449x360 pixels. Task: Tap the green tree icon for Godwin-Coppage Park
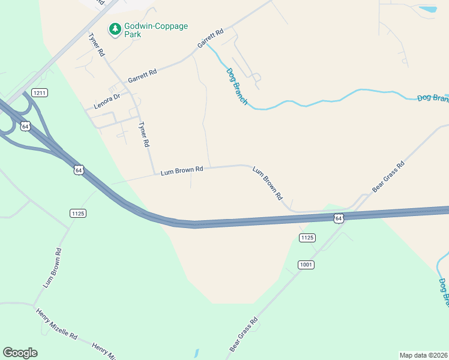(114, 28)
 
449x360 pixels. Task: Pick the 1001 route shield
(306, 265)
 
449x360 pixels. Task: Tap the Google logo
(20, 353)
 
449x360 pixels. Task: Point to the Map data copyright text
(424, 355)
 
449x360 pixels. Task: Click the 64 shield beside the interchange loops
(25, 126)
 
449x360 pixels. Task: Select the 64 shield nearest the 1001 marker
(339, 218)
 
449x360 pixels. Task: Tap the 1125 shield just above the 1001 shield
(307, 238)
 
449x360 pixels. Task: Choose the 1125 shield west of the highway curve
(78, 213)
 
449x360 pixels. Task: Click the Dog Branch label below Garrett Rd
(237, 86)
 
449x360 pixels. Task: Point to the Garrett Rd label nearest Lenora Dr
(142, 76)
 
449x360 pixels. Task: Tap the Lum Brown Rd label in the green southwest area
(52, 266)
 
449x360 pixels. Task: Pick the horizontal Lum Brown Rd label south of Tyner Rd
(182, 170)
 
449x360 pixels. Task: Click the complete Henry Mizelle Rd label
(57, 323)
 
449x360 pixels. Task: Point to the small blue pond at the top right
(428, 10)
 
